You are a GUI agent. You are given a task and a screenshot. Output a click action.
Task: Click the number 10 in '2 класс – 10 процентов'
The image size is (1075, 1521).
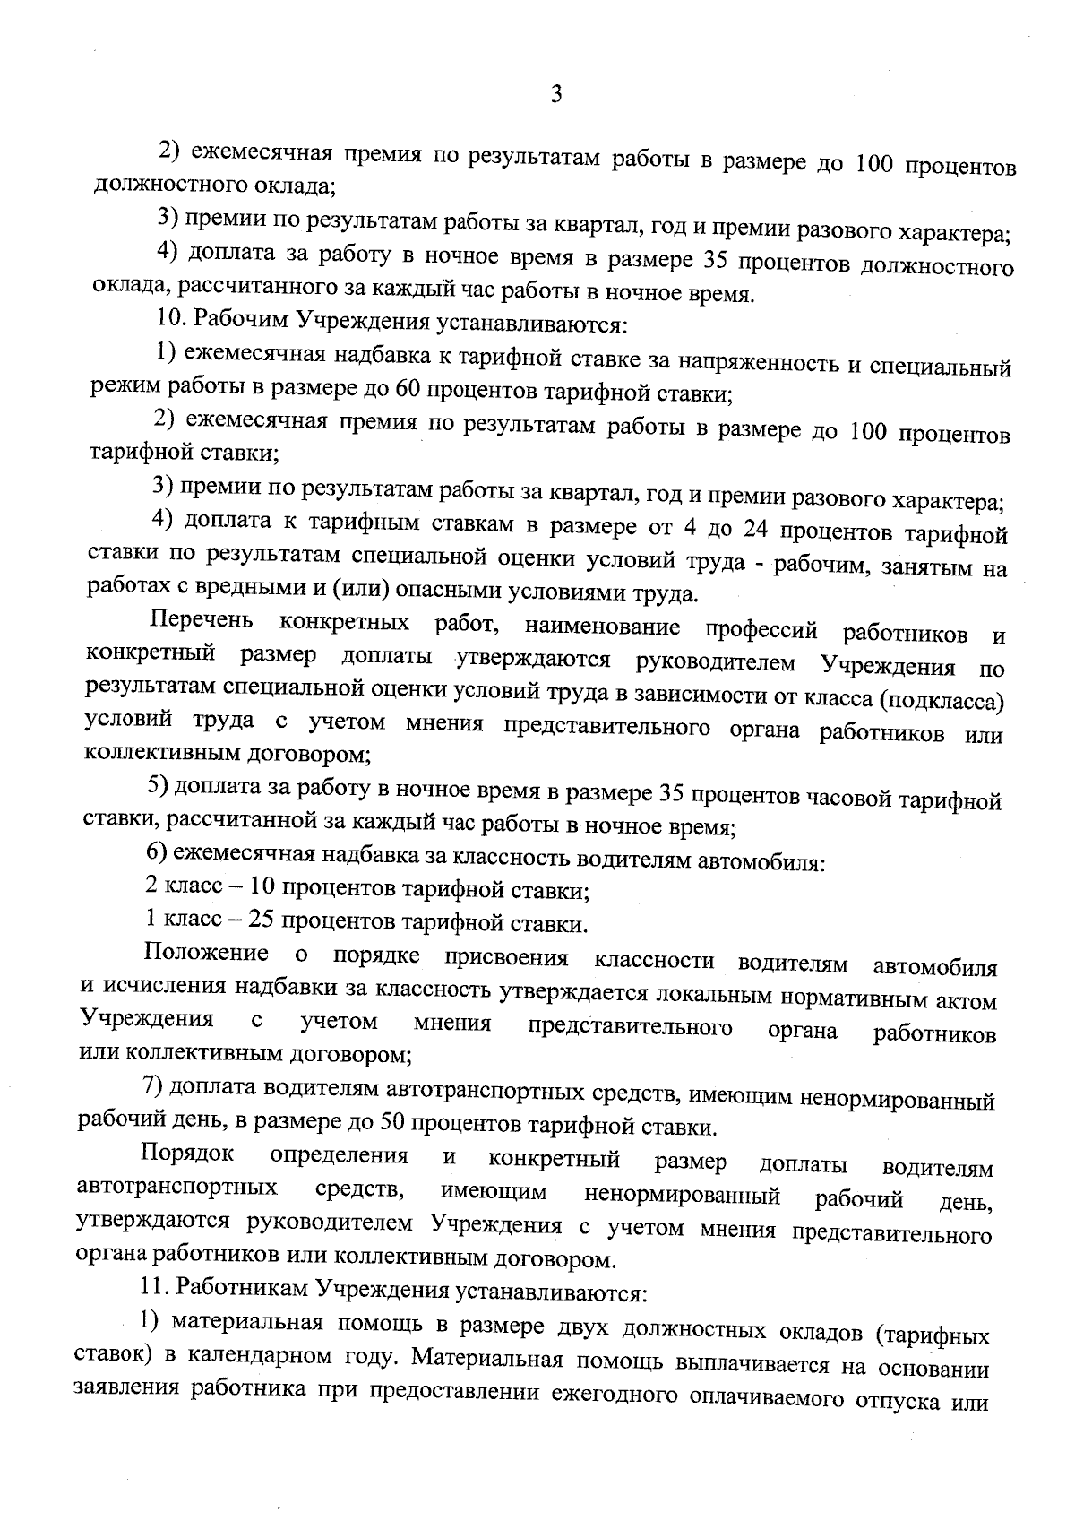263,888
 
